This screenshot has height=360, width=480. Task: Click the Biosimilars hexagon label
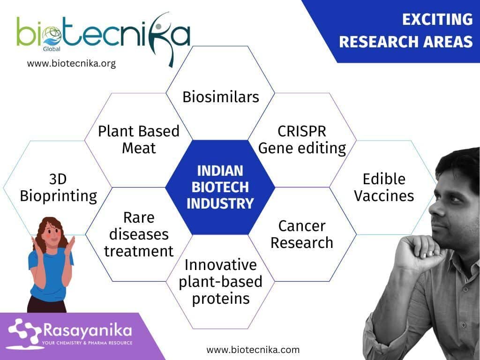[x=221, y=97]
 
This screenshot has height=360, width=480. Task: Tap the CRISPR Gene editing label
[x=302, y=140]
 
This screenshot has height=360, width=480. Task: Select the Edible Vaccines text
[x=384, y=187]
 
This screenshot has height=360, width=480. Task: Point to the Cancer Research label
[x=302, y=234]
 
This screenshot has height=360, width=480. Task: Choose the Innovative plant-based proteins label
[x=221, y=282]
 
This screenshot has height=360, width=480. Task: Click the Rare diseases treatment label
[x=139, y=234]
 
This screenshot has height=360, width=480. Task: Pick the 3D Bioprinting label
[x=58, y=187]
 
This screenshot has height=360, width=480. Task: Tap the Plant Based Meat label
[x=139, y=140]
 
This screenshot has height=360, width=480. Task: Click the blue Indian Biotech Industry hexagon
[x=220, y=187]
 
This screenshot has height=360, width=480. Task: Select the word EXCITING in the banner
[x=437, y=20]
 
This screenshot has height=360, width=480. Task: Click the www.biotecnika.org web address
[x=71, y=64]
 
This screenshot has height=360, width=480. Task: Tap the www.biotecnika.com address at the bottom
[x=253, y=350]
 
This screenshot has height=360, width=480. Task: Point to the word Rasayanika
[x=88, y=330]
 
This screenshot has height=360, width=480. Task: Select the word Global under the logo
[x=52, y=49]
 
